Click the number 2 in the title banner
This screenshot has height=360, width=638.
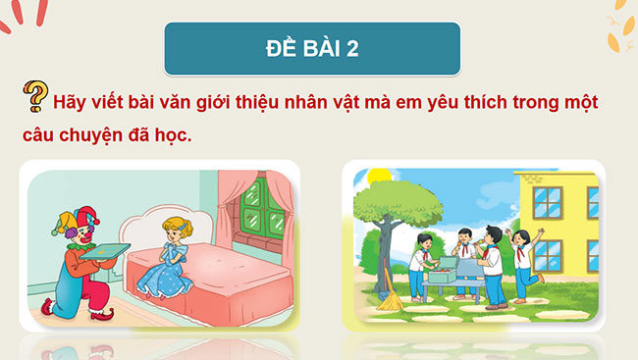tap(351, 49)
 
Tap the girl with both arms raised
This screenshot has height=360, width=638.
tap(522, 257)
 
